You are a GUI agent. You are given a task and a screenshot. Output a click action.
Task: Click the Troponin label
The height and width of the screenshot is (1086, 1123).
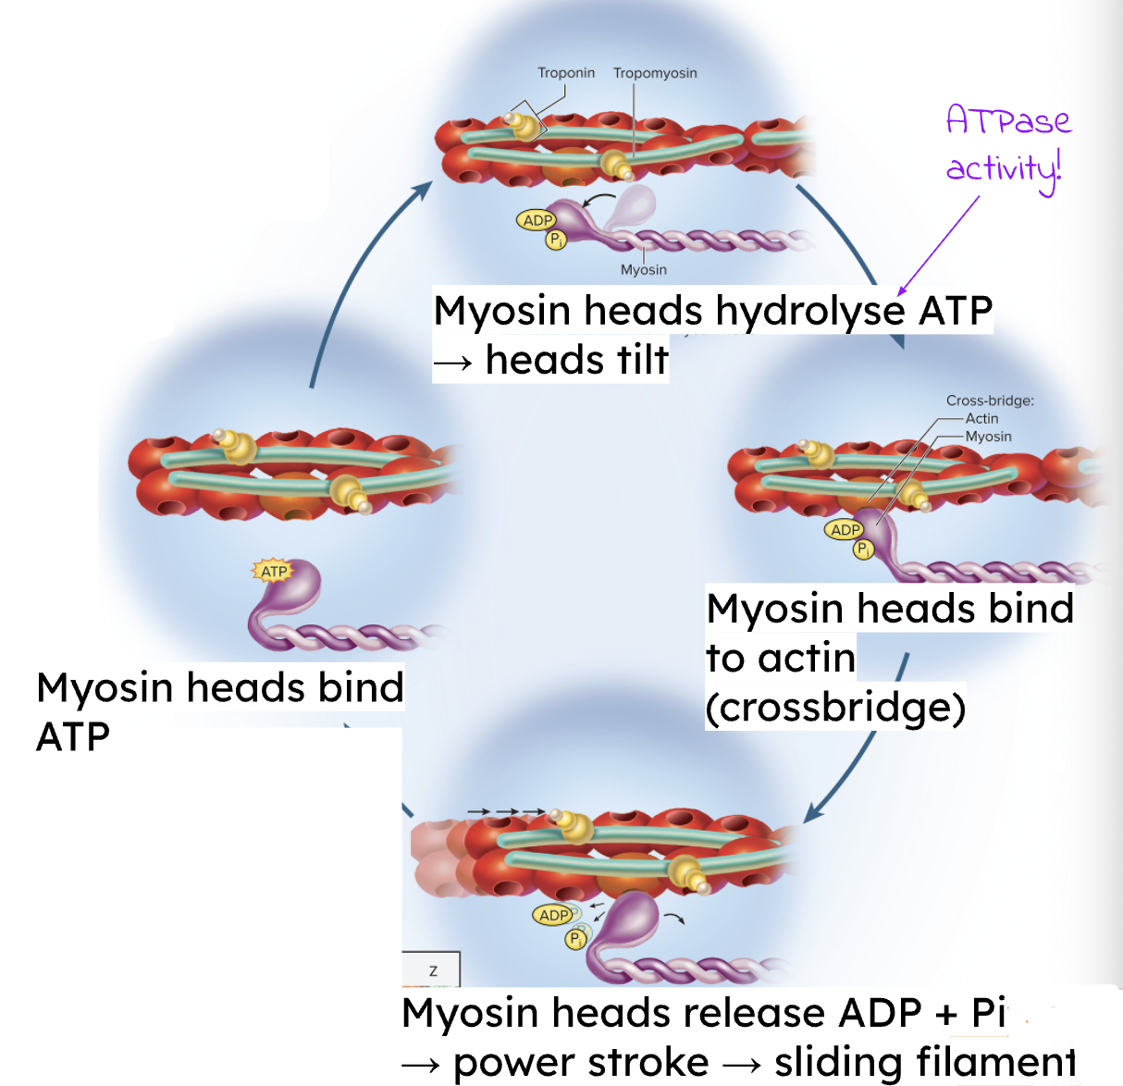tap(566, 73)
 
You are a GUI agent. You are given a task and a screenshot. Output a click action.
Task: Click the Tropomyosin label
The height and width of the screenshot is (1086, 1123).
tap(655, 73)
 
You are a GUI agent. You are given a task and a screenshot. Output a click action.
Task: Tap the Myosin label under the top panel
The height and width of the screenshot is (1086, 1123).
tap(643, 269)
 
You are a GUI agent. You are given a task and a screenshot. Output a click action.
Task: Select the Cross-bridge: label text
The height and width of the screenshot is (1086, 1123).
tap(990, 401)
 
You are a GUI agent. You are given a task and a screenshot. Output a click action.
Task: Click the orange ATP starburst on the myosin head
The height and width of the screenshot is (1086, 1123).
tap(273, 571)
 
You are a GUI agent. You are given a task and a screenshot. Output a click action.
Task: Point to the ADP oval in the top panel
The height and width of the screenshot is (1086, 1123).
tap(537, 220)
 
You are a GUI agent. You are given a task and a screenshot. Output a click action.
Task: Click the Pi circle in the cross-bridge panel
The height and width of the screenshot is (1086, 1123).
tap(863, 549)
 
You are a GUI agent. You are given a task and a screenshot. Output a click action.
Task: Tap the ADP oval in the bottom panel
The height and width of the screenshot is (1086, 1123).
tap(553, 915)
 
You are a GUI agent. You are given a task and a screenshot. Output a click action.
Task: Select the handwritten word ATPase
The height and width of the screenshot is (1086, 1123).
tap(1008, 121)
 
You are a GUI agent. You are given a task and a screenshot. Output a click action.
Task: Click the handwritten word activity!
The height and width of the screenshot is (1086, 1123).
tap(1004, 169)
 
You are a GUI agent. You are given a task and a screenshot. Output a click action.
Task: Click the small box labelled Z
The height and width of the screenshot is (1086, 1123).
tap(432, 970)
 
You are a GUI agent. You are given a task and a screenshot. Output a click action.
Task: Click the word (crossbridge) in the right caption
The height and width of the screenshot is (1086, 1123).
tap(835, 708)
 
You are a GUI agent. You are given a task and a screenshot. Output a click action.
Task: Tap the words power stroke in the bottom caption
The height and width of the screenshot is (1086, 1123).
tap(581, 1062)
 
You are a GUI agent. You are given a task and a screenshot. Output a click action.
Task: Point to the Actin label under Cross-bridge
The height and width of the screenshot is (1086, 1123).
tap(981, 418)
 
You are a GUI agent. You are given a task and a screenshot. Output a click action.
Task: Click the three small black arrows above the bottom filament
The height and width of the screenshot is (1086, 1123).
tap(506, 811)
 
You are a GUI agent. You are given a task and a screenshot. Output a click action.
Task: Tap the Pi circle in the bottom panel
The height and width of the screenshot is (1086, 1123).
tap(575, 939)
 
